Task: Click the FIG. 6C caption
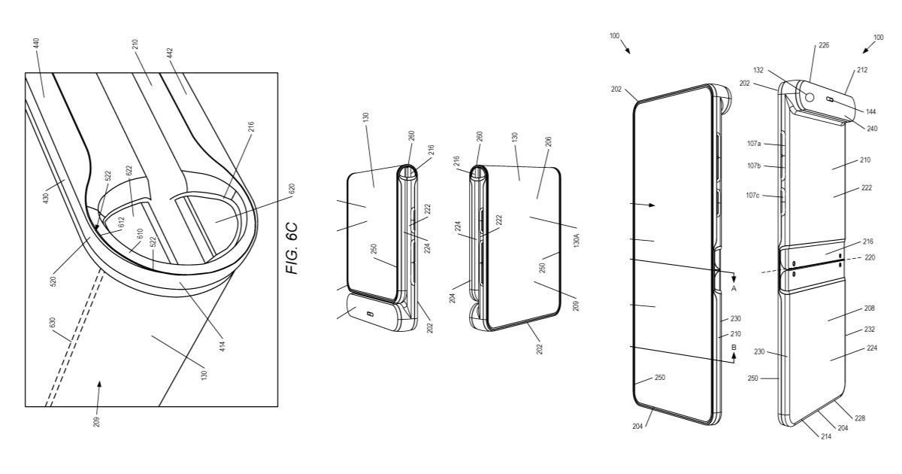[293, 248]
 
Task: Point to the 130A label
[577, 240]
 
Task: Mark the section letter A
[733, 288]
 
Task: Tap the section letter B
[733, 347]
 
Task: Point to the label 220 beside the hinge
[871, 257]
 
